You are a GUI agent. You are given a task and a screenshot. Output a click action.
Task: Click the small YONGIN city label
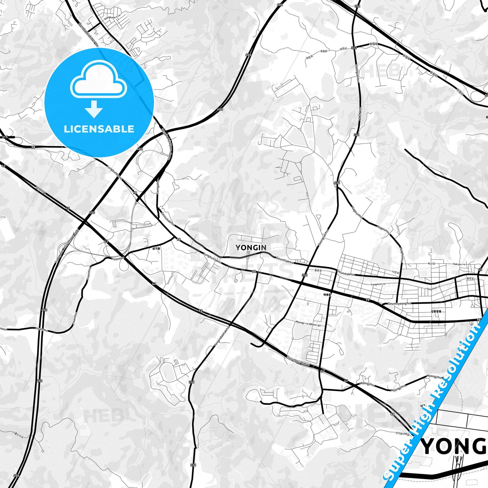tap(251, 248)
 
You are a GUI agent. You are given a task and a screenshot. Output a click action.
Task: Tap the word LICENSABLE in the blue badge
tap(99, 129)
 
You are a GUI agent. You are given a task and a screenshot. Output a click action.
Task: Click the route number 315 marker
tap(5, 137)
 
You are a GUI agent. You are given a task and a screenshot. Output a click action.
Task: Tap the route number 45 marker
tap(480, 269)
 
